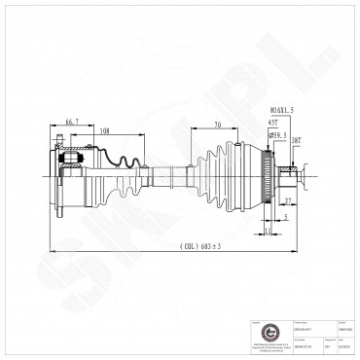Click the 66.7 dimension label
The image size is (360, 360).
(x=71, y=120)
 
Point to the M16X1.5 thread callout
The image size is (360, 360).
(x=281, y=112)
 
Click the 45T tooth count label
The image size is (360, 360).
(x=274, y=122)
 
